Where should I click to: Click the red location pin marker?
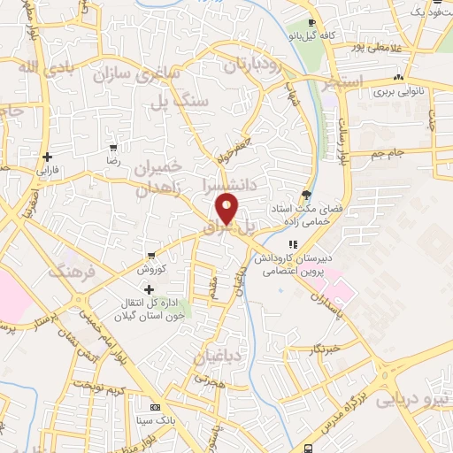[227, 209]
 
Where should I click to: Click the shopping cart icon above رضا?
[112, 147]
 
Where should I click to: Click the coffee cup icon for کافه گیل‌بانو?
[311, 23]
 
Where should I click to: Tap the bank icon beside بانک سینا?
[157, 407]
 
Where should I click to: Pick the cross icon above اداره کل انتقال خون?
[149, 288]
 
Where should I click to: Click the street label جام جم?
[387, 154]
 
